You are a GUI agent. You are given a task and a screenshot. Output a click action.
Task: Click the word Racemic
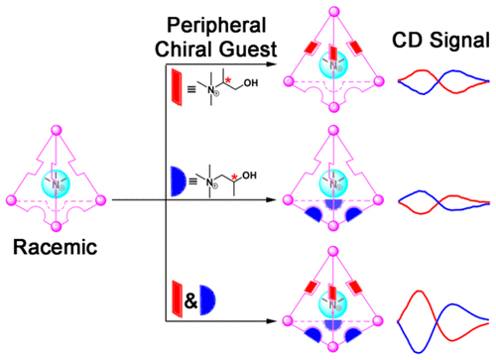click(x=55, y=247)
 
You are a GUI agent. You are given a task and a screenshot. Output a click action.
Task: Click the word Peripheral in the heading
click(x=216, y=25)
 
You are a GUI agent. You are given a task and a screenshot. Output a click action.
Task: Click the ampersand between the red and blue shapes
click(x=190, y=301)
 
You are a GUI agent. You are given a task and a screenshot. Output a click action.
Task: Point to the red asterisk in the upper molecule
click(x=228, y=79)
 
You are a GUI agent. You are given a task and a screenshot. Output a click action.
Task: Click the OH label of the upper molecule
click(x=251, y=83)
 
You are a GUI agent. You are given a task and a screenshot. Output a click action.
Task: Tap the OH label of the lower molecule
click(x=249, y=176)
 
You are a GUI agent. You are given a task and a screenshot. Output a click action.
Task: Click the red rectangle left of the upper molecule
click(x=177, y=87)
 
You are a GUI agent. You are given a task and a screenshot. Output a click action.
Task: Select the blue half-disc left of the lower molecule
click(x=178, y=181)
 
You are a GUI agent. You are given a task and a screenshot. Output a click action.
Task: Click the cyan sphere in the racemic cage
click(x=56, y=183)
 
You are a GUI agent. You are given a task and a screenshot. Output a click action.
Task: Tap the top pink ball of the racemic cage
click(x=57, y=130)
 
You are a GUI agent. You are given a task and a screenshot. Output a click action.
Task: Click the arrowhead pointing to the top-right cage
click(x=271, y=64)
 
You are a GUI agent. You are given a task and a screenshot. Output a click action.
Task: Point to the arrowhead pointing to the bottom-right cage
click(x=271, y=320)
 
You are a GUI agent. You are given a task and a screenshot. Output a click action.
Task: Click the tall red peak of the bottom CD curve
click(x=420, y=292)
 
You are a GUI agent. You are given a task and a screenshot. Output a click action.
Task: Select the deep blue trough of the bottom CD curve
click(x=419, y=351)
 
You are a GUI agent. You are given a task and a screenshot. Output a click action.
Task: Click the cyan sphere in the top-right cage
click(x=333, y=64)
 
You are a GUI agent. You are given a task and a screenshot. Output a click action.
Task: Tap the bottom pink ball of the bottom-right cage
click(x=333, y=347)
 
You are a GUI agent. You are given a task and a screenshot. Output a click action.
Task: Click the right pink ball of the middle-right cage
click(x=378, y=200)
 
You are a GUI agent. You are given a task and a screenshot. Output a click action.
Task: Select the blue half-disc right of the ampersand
click(x=207, y=300)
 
